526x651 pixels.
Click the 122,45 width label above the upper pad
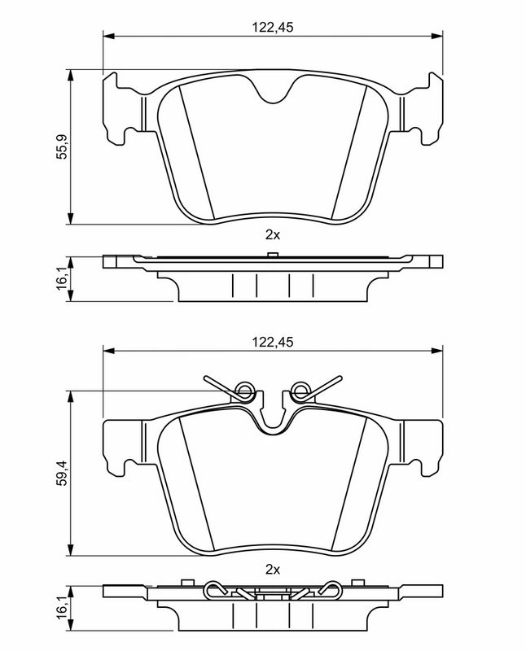pyautogui.click(x=272, y=27)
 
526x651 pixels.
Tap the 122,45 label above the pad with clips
pyautogui.click(x=272, y=343)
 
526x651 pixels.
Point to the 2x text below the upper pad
pyautogui.click(x=272, y=235)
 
